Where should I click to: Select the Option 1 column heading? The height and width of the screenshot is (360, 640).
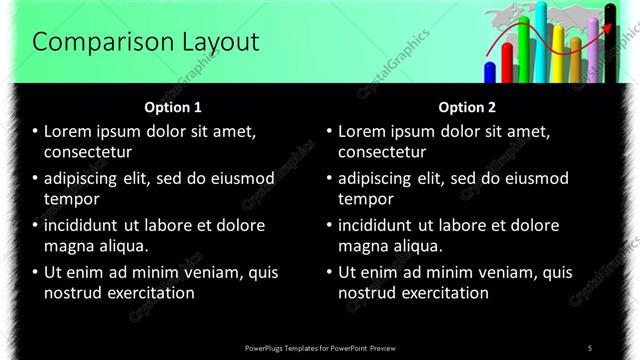click(173, 106)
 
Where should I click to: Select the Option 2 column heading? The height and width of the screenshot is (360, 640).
click(467, 106)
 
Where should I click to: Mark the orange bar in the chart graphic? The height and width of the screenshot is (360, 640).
click(575, 58)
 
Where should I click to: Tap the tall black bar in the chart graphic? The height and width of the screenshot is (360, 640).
click(609, 45)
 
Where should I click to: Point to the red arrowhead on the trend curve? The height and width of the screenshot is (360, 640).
click(607, 31)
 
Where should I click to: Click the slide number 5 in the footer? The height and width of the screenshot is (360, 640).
click(590, 348)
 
